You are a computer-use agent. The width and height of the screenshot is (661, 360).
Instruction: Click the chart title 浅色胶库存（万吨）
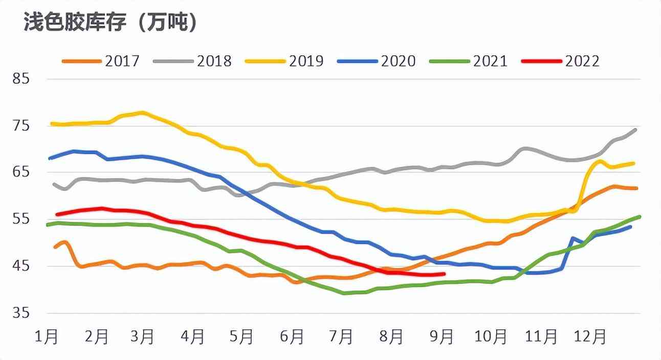[x=111, y=23]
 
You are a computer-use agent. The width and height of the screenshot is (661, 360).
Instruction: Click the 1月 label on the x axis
[x=47, y=337]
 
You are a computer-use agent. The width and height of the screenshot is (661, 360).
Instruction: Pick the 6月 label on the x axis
[x=293, y=337]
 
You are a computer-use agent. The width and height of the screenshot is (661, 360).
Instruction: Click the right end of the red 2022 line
[x=445, y=274]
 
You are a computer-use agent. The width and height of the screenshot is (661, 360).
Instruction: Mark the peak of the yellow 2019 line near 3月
[x=142, y=112]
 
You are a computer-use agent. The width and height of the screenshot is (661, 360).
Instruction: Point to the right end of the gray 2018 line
[x=635, y=129]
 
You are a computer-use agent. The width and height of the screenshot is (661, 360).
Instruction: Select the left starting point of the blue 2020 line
[x=50, y=159]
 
